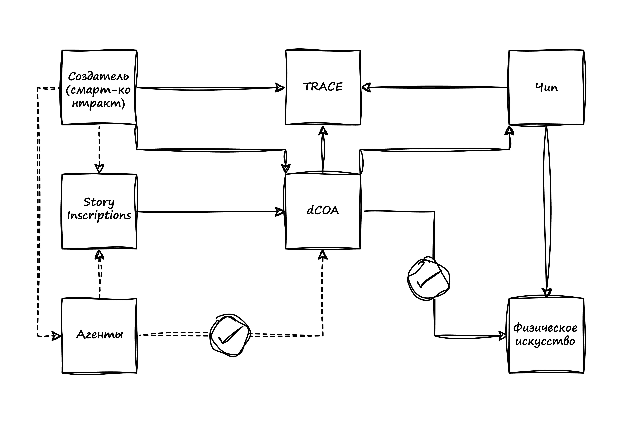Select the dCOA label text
click(323, 211)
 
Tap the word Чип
click(546, 87)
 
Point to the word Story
click(99, 202)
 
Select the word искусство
click(545, 341)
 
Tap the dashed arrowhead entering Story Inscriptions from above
click(99, 168)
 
